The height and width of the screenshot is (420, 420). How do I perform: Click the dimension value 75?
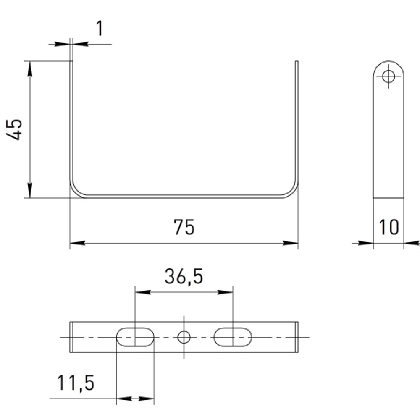point(184,227)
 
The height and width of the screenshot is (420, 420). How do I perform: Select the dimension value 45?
point(14,129)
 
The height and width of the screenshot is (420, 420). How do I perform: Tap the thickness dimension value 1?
point(100,28)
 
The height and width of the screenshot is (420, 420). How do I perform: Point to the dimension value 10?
point(388,227)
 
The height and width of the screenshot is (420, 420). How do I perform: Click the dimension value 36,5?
point(184,276)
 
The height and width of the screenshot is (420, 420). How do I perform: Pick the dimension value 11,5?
point(76,383)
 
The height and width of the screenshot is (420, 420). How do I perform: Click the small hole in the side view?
point(388,76)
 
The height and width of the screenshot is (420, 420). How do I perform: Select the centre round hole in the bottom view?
point(184,337)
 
